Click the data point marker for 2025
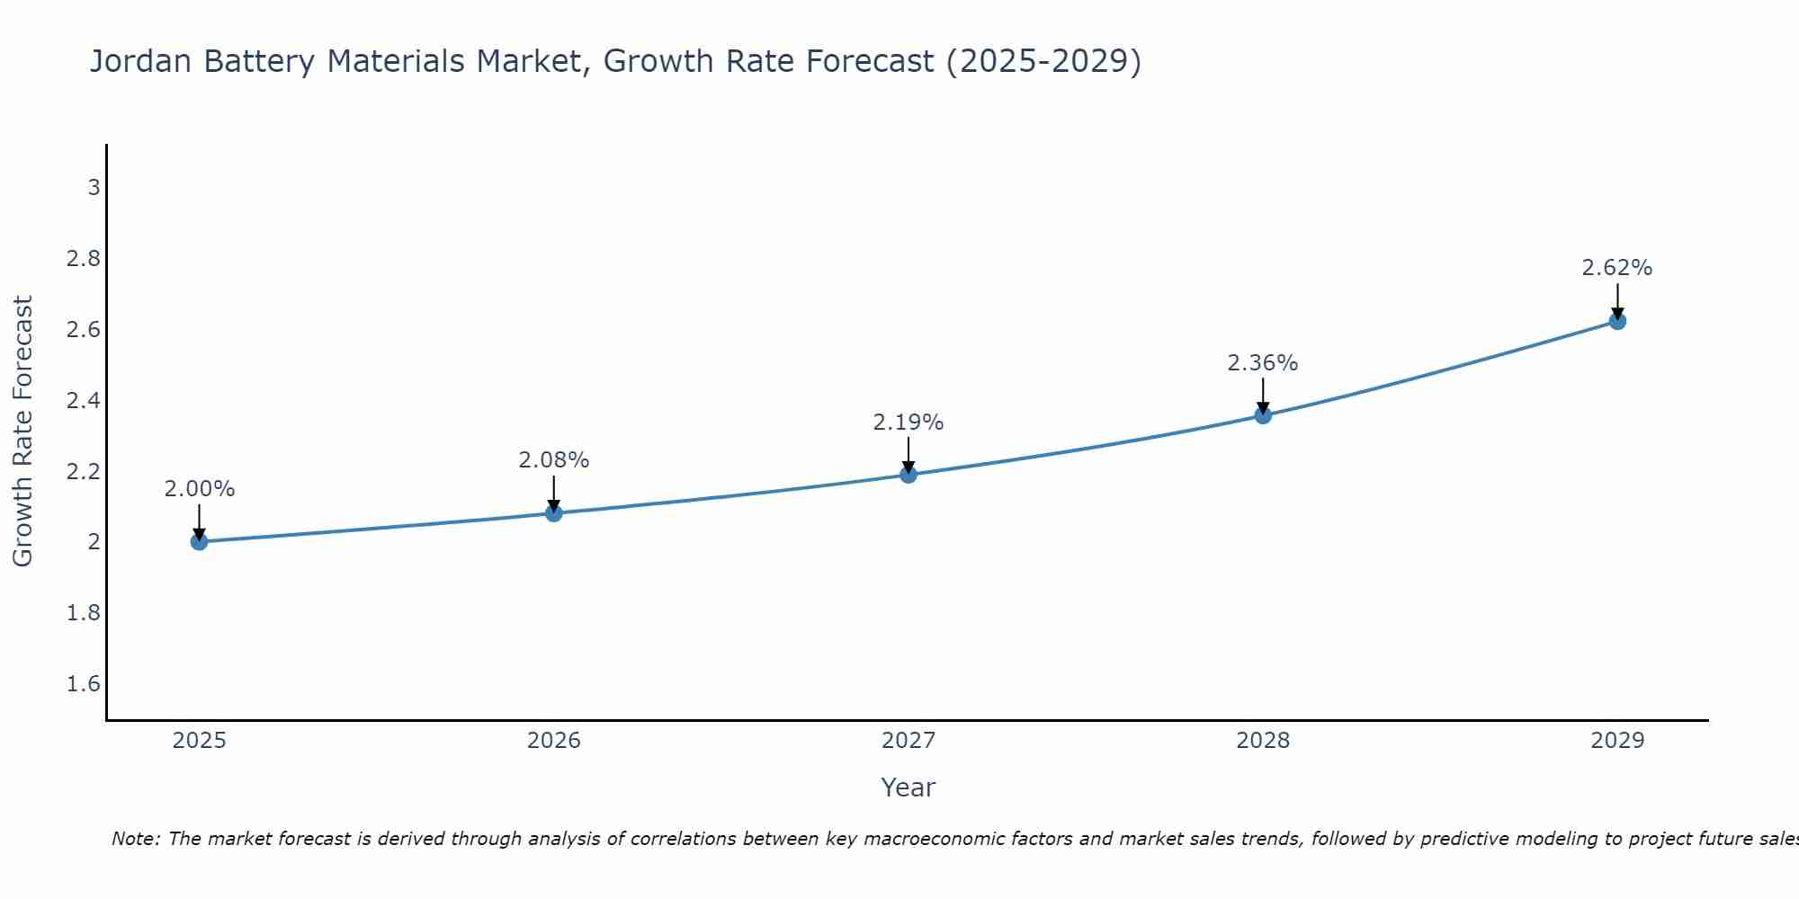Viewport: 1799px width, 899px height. click(x=200, y=541)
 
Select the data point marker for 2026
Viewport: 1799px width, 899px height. click(x=554, y=513)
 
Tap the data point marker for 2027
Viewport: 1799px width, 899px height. click(x=908, y=475)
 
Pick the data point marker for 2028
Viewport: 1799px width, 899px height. click(x=1263, y=415)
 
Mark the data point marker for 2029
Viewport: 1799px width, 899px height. click(x=1617, y=321)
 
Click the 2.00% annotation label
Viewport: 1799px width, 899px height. click(x=200, y=489)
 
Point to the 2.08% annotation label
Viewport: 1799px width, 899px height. click(x=554, y=460)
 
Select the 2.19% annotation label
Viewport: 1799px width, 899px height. click(x=908, y=423)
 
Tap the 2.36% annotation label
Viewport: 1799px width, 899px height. click(x=1263, y=363)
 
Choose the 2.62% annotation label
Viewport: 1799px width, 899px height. click(x=1617, y=268)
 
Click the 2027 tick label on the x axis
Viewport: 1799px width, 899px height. click(x=908, y=741)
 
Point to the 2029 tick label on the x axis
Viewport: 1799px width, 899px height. click(x=1617, y=741)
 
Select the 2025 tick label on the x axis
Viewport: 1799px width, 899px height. click(x=200, y=741)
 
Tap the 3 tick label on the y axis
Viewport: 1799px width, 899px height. click(x=94, y=188)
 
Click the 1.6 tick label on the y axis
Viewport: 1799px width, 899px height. click(x=84, y=684)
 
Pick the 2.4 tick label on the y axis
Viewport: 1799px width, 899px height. click(x=84, y=401)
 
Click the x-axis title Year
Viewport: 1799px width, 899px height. click(x=908, y=788)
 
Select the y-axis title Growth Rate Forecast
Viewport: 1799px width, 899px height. click(x=22, y=432)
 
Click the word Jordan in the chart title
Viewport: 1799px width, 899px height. click(x=140, y=61)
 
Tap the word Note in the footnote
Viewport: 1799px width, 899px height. click(x=135, y=839)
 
